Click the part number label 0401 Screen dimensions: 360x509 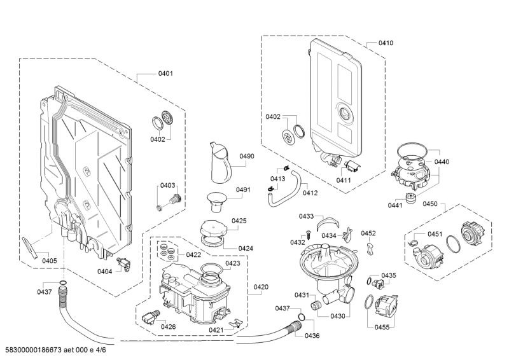165,74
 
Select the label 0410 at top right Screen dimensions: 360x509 386,43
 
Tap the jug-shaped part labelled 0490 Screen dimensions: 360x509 218,163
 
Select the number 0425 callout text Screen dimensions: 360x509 239,221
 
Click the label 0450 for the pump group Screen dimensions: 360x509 430,204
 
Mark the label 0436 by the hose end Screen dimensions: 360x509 312,335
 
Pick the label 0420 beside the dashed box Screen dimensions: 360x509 261,287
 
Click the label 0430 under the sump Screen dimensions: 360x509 338,315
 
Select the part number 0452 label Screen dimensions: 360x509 368,233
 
